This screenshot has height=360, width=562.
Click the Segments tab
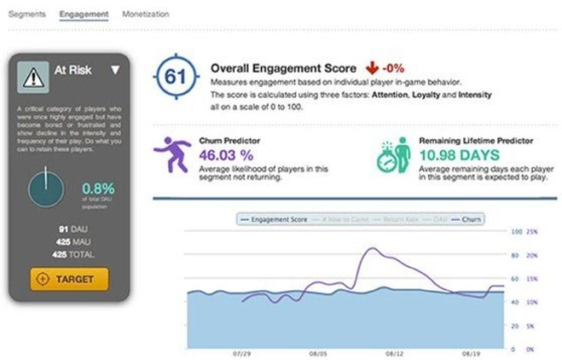pos(27,14)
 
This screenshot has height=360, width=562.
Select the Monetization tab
pos(146,14)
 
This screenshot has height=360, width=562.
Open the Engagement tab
pos(84,14)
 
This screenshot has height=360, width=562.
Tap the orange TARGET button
pos(69,279)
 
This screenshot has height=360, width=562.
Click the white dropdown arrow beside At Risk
pos(115,70)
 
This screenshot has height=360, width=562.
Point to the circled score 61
pos(176,77)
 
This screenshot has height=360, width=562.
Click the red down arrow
pos(372,68)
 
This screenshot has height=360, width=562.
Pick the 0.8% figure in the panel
pos(99,188)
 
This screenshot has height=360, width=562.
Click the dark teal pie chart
pos(46,190)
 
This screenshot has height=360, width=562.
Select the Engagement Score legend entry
pos(274,219)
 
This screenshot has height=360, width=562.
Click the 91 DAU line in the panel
pos(73,229)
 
